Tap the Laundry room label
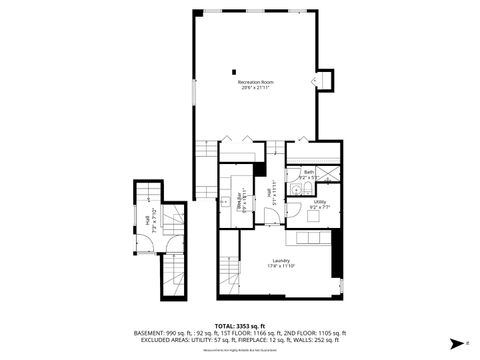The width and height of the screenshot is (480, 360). [281, 261]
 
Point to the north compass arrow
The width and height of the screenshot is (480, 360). [455, 341]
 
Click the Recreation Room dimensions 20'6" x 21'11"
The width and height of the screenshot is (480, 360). [256, 88]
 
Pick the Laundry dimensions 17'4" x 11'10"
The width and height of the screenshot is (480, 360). [281, 267]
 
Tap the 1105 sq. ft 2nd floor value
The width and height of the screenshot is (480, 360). [330, 333]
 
